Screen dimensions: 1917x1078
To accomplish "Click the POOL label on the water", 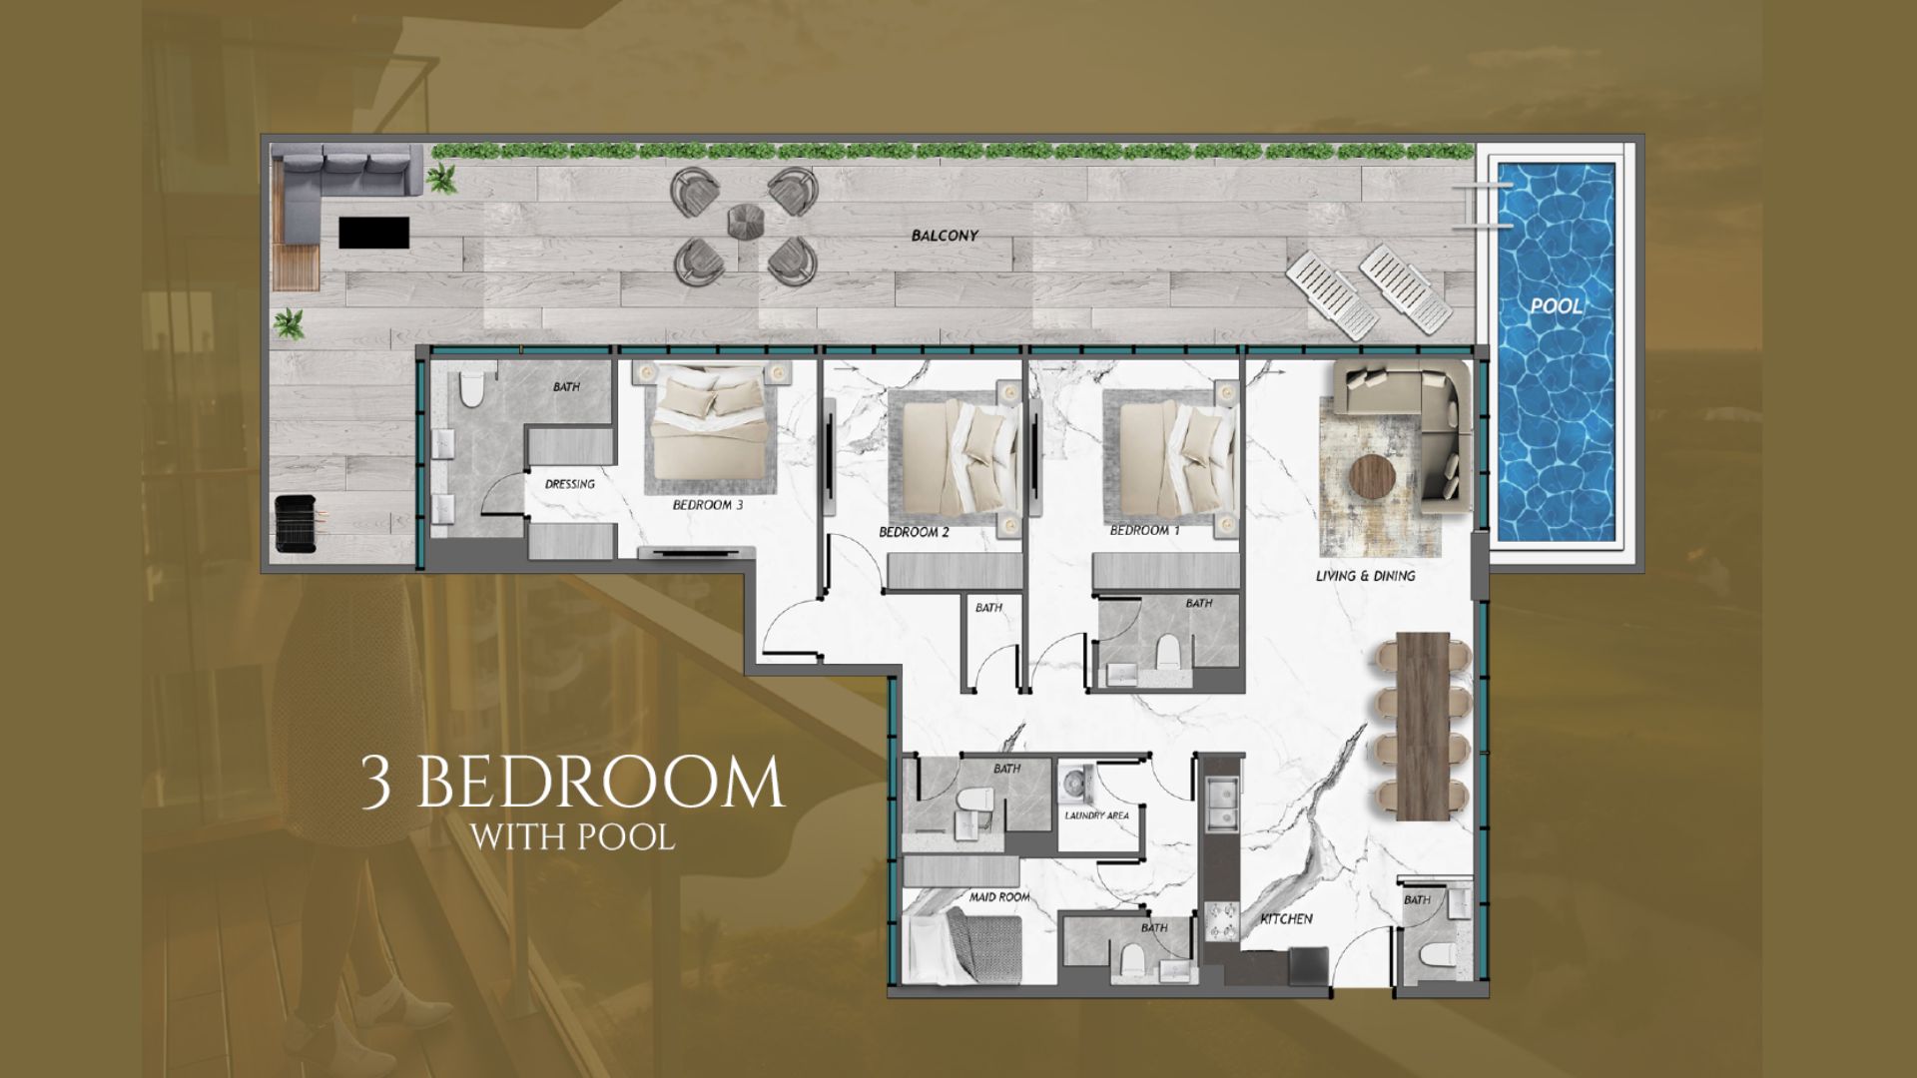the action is pyautogui.click(x=1557, y=305).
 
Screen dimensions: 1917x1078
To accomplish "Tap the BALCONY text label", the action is pyautogui.click(x=945, y=237).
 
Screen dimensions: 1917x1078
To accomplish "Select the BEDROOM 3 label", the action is pyautogui.click(x=707, y=505).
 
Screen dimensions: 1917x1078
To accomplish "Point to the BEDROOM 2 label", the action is pyautogui.click(x=914, y=532).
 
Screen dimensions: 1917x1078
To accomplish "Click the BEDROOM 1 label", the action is pyautogui.click(x=1144, y=531).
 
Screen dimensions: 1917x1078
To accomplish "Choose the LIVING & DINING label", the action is pyautogui.click(x=1365, y=576).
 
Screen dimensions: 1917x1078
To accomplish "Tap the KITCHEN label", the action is pyautogui.click(x=1286, y=918).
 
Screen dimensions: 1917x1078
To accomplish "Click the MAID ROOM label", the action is pyautogui.click(x=999, y=897).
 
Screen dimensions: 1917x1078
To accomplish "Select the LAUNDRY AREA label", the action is pyautogui.click(x=1097, y=815).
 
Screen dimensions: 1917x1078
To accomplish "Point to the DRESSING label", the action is pyautogui.click(x=570, y=484).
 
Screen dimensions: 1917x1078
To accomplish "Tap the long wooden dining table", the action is pyautogui.click(x=1423, y=726).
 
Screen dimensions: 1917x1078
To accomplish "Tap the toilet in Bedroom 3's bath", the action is pyautogui.click(x=471, y=386).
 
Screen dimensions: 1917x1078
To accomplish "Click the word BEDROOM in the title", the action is pyautogui.click(x=609, y=784).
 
